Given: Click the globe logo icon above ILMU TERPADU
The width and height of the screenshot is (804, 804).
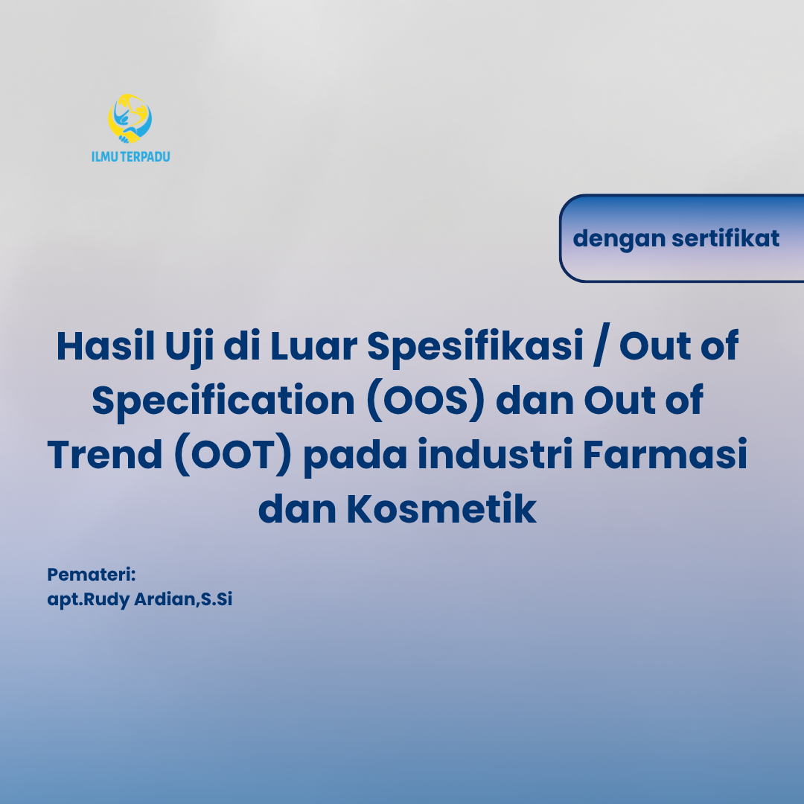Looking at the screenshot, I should [130, 118].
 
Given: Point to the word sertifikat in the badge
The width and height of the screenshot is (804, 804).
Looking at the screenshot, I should [725, 238].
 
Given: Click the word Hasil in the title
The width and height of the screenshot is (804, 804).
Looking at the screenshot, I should [104, 346].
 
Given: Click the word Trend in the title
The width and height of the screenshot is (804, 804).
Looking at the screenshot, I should [103, 456].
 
